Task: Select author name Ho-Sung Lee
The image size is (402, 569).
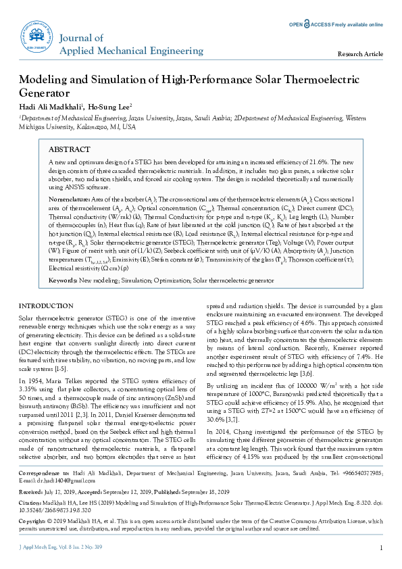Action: [111, 106]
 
